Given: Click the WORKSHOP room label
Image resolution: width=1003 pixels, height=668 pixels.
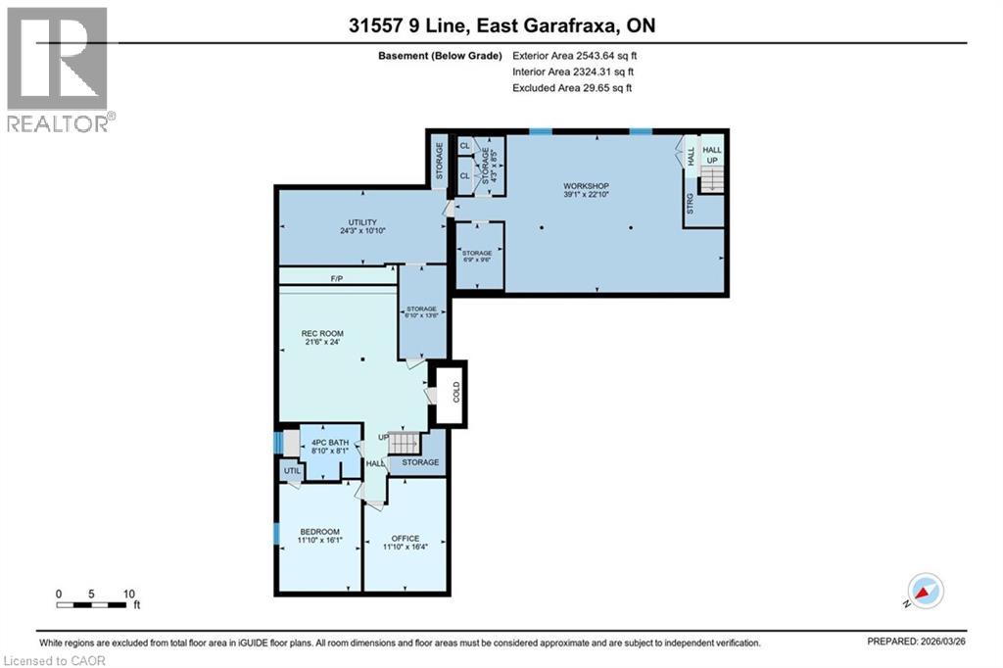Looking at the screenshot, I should [x=586, y=186].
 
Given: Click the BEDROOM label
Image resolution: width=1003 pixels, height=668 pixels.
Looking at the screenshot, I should [x=319, y=532].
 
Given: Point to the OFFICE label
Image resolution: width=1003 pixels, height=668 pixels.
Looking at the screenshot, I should [x=405, y=539].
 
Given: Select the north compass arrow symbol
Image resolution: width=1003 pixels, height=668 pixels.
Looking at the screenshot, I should [x=924, y=591].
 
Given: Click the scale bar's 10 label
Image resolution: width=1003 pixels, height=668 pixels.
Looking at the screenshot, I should [x=129, y=594].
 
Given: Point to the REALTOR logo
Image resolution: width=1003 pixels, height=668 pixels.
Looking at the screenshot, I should [x=60, y=69].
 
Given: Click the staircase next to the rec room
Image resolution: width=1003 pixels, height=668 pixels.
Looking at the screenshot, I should [x=402, y=443].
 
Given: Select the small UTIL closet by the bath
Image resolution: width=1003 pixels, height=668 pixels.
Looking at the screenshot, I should [x=291, y=471].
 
